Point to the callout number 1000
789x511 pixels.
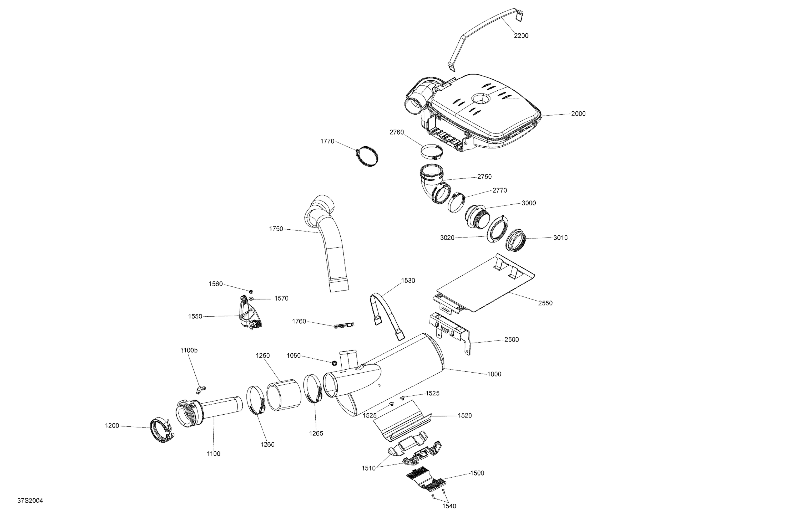click(x=494, y=374)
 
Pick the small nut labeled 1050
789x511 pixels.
click(x=335, y=363)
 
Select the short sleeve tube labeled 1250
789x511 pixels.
click(x=284, y=395)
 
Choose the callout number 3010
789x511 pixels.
click(x=560, y=238)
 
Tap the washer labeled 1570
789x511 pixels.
click(x=252, y=299)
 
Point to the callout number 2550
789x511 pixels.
click(x=545, y=303)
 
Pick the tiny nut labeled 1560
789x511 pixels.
click(x=251, y=291)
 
